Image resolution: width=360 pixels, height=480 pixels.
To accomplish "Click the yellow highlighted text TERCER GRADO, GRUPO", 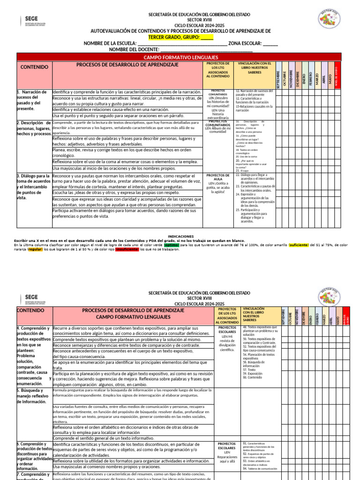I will pyautogui.click(x=174, y=37).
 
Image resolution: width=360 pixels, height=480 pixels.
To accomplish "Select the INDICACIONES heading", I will pyautogui.click(x=180, y=236).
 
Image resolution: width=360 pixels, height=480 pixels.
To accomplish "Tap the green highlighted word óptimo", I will pyautogui.click(x=172, y=245).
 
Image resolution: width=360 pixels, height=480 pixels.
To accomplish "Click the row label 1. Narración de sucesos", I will pyautogui.click(x=31, y=100).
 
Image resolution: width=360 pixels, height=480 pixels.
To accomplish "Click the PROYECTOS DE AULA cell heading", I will pyautogui.click(x=217, y=177).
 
